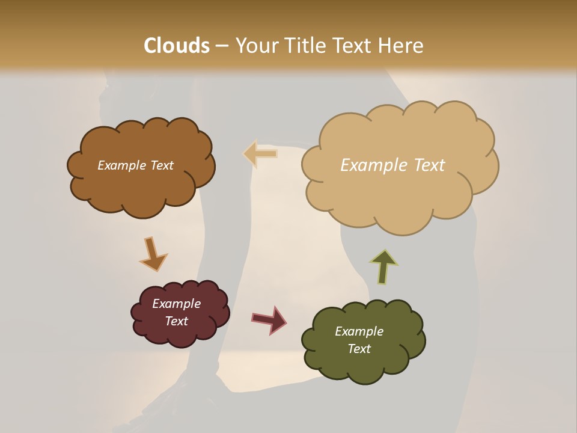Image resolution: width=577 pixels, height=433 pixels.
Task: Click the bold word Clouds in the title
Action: tap(177, 46)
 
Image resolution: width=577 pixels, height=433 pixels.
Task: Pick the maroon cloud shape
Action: tap(180, 334)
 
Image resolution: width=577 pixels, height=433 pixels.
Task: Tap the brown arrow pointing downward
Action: tap(153, 254)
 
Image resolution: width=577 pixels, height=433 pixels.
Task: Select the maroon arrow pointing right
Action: tap(269, 319)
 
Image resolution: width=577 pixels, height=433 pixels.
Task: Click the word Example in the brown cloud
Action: tap(121, 165)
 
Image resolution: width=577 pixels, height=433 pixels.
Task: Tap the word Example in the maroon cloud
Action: tap(176, 304)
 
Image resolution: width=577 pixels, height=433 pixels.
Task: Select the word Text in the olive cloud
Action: tap(359, 349)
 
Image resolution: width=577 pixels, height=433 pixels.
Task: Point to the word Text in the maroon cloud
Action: tap(176, 321)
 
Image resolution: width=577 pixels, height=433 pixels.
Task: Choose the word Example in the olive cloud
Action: tap(359, 331)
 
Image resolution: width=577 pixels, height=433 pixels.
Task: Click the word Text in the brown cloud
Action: tap(161, 165)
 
